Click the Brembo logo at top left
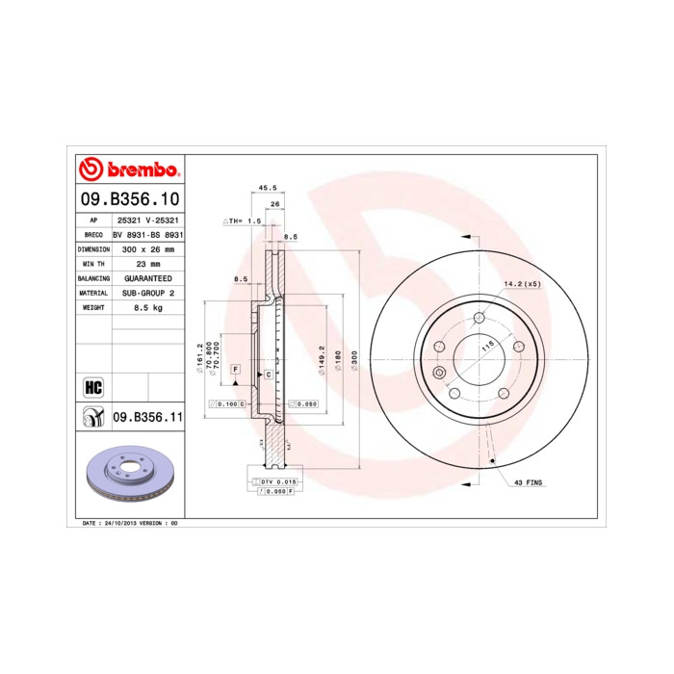coord(128,169)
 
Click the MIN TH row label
coord(92,263)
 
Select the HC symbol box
coord(93,387)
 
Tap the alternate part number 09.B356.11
coord(147,417)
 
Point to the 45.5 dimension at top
coord(268,188)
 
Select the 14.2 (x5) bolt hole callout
coord(523,284)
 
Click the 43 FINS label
coord(530,481)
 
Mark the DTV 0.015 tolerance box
coord(273,480)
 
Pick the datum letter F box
coord(234,369)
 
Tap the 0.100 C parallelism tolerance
coord(227,404)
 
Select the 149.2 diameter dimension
coord(322,360)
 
